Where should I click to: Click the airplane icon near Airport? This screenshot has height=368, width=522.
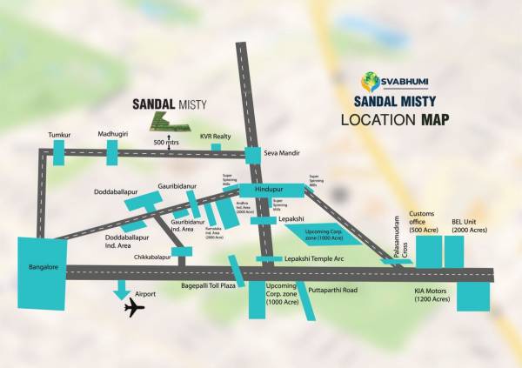(x=134, y=309)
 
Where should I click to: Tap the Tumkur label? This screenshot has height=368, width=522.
(x=59, y=135)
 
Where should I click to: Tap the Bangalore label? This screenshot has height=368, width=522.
(x=41, y=267)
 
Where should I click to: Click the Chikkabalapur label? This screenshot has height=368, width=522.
(x=151, y=258)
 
